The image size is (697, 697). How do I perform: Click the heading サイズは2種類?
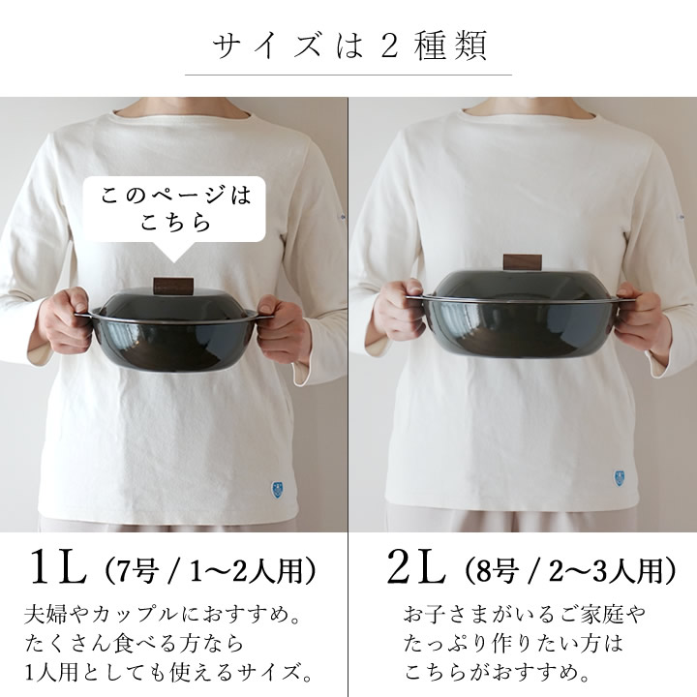348,45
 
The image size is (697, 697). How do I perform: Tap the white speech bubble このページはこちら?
174,209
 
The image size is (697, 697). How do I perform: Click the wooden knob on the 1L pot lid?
173,286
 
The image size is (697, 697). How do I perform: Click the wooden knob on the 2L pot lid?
523,262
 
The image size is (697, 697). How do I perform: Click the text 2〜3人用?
607,570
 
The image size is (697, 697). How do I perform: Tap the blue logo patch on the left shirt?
276,489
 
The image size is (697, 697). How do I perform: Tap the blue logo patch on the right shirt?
619,478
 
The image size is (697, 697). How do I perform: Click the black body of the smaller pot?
172,343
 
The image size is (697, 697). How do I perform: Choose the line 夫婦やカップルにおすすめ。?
164,615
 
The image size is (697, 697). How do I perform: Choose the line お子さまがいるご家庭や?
525,615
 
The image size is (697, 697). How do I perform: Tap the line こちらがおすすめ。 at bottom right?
498,672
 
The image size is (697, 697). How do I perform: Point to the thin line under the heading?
348,75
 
